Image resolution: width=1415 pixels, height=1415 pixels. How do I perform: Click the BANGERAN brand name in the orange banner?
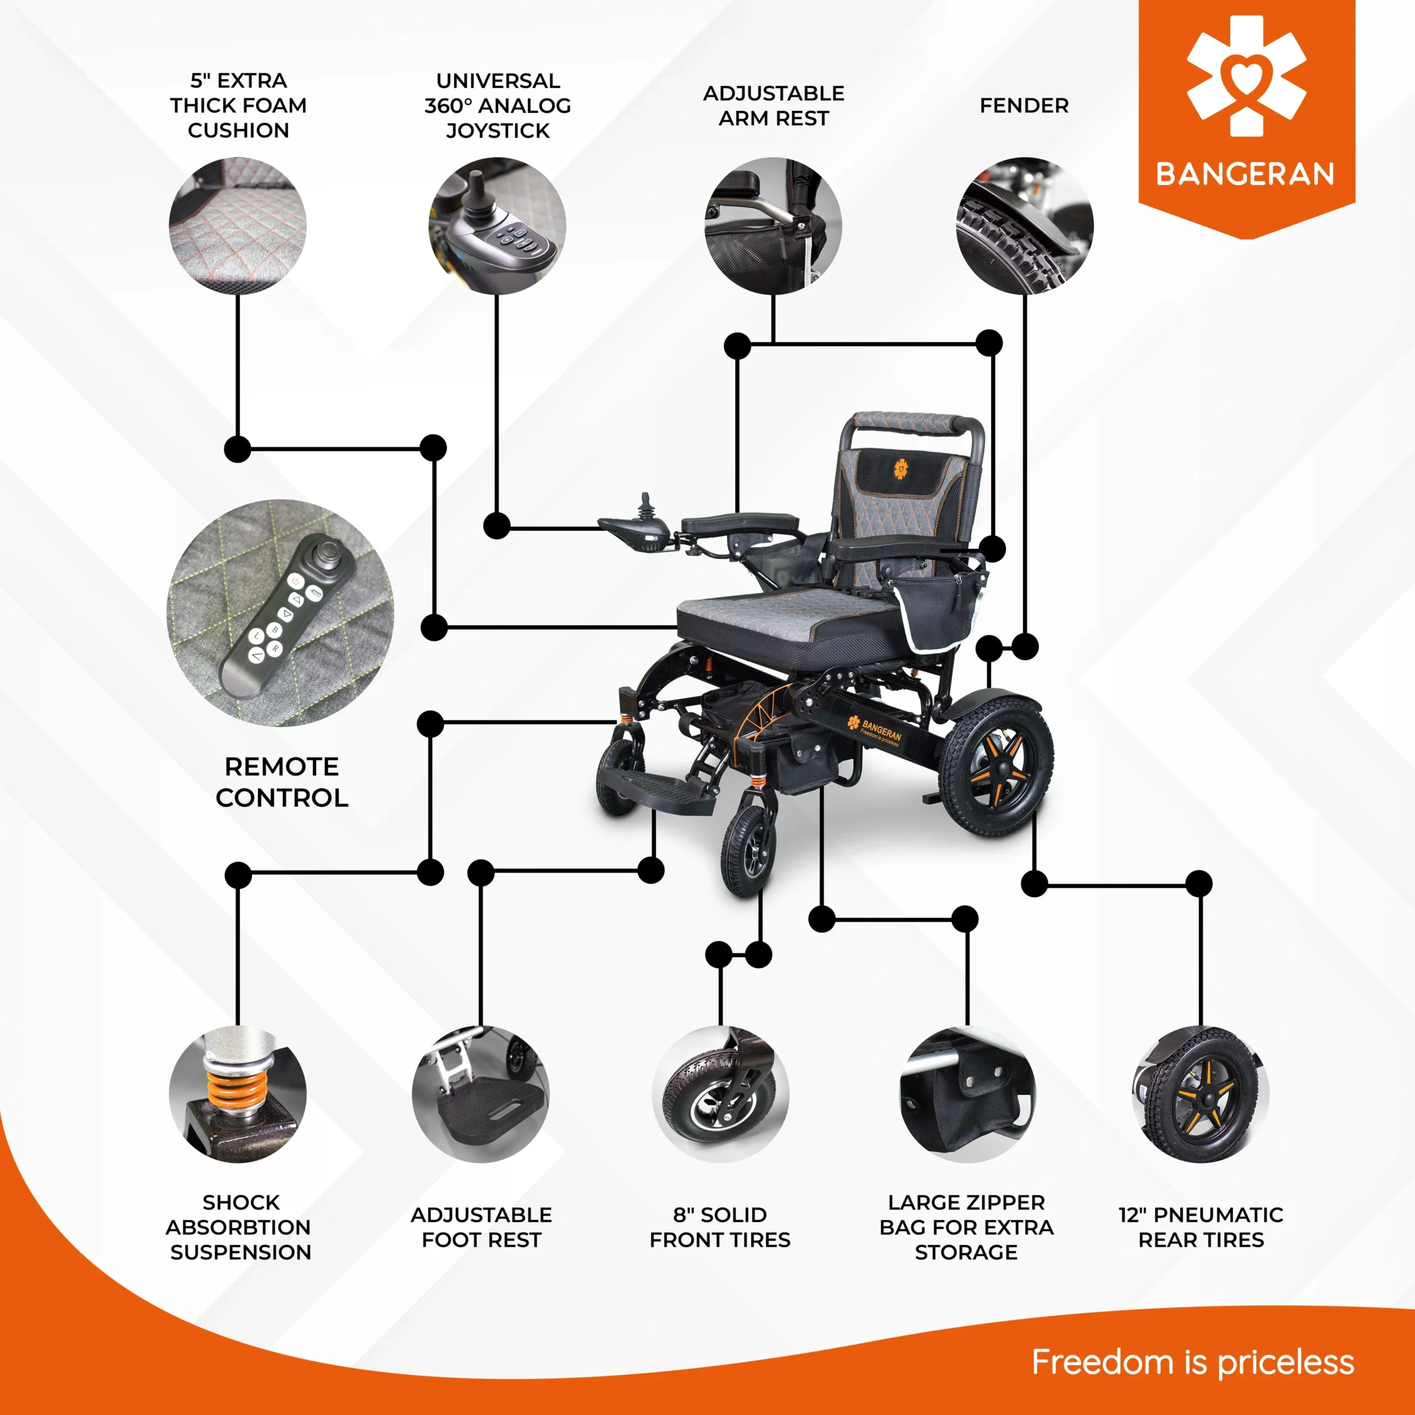(x=1245, y=174)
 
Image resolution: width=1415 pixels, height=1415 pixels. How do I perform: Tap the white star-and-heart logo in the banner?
(x=1246, y=77)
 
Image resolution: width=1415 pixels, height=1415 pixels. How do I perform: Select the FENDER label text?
(x=1024, y=106)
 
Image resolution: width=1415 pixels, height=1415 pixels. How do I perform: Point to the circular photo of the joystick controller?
(x=497, y=226)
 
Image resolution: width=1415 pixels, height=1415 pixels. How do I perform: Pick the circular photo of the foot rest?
(x=480, y=1094)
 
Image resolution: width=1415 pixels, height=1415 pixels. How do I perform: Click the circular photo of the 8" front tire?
(x=721, y=1094)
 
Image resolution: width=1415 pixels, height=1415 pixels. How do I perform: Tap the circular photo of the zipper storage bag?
(x=967, y=1094)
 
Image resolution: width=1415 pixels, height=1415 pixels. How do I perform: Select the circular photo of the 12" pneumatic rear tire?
(x=1201, y=1094)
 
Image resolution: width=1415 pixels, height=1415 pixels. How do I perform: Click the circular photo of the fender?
(x=1025, y=226)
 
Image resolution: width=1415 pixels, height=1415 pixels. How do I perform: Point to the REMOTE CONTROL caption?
(x=282, y=782)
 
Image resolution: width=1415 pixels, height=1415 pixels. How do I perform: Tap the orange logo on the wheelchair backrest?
(x=900, y=469)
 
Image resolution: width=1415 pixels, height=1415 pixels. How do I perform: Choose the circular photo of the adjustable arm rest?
(x=773, y=226)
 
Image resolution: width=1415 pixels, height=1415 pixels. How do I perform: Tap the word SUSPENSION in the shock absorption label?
(x=241, y=1252)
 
